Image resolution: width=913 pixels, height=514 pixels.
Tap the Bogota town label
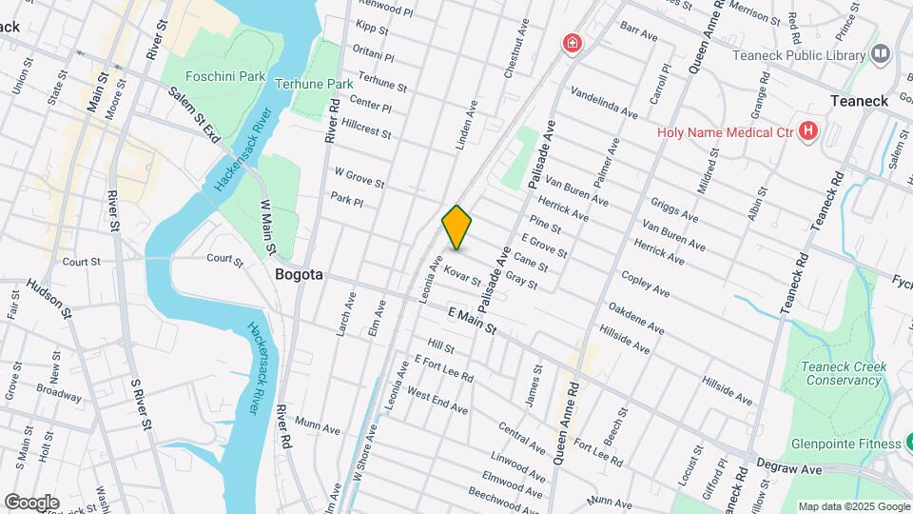(x=299, y=274)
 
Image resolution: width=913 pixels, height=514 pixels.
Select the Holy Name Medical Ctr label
(x=725, y=131)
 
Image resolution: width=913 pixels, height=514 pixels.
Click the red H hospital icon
(x=808, y=130)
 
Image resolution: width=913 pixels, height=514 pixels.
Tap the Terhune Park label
(x=307, y=84)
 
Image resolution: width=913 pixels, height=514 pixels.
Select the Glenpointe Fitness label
(x=845, y=444)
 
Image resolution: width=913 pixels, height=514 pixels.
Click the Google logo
(x=31, y=503)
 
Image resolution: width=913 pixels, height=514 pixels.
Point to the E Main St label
(x=473, y=321)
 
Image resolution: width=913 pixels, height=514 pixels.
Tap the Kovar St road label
(x=462, y=275)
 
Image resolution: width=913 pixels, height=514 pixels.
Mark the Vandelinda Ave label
(x=604, y=104)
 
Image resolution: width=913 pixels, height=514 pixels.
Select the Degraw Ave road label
(x=788, y=467)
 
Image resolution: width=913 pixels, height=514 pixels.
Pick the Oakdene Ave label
(x=636, y=319)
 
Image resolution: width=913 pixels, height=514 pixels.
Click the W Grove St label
(x=359, y=177)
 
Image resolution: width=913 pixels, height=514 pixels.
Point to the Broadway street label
(x=59, y=391)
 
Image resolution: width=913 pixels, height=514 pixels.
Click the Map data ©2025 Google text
(x=853, y=506)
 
